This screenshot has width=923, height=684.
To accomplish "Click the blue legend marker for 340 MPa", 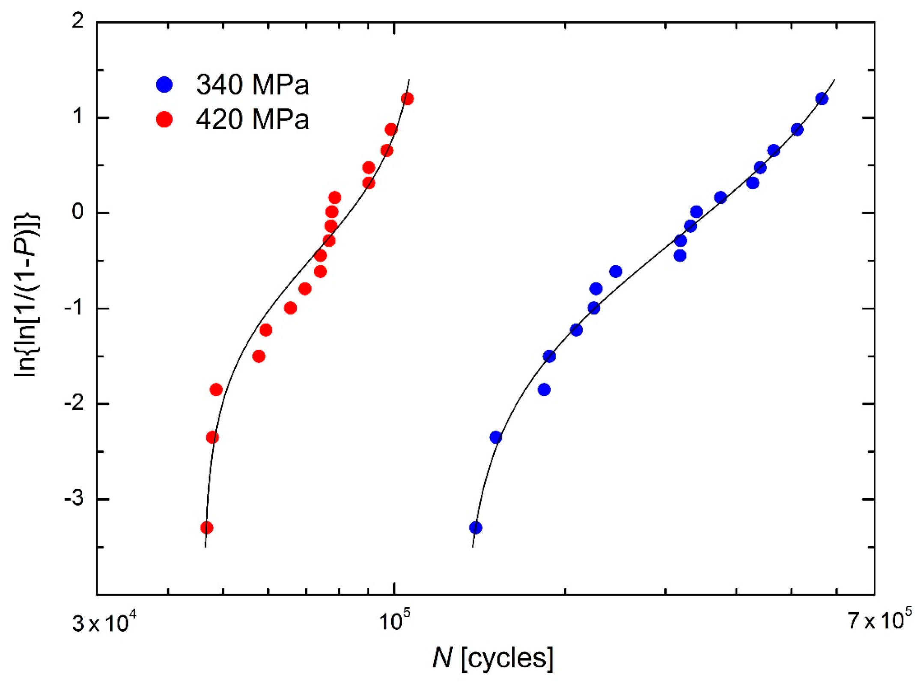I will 164,85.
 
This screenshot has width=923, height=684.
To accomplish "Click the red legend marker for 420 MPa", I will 164,119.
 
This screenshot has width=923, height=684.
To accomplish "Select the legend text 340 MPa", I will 253,85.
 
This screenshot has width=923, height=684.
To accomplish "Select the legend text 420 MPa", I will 253,119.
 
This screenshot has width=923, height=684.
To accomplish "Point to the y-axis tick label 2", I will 78,21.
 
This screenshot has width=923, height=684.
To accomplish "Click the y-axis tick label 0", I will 78,212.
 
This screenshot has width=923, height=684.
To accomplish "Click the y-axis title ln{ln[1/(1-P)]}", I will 27,295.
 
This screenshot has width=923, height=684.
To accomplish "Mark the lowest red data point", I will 207,527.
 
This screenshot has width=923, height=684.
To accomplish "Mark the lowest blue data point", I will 476,527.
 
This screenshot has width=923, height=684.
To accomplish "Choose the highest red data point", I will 407,99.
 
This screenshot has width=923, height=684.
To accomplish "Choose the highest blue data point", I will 822,99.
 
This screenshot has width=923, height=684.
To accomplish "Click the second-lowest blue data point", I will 495,437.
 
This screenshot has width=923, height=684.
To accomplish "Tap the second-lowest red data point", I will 212,437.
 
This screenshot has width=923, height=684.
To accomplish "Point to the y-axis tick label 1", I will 78,116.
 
